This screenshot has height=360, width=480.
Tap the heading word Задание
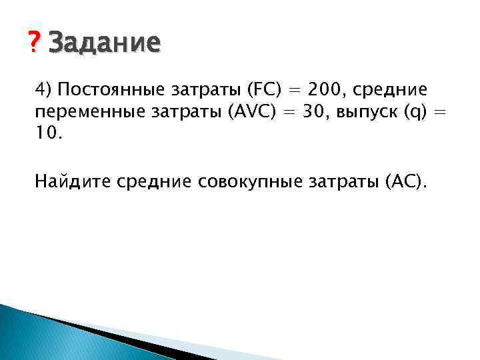tap(105, 43)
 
